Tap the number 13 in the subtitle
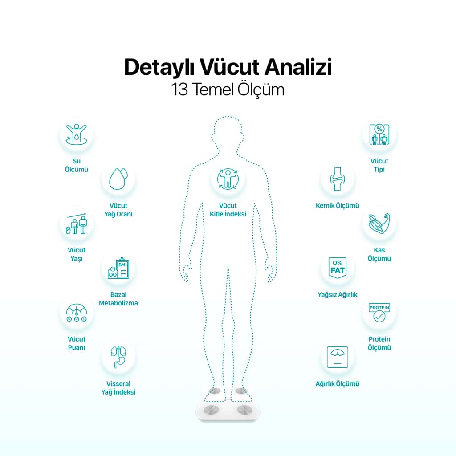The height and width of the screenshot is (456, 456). [179, 89]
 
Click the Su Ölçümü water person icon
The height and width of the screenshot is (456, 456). [77, 134]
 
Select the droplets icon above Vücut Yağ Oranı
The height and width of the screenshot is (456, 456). [118, 179]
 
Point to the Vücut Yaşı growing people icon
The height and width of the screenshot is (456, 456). [77, 224]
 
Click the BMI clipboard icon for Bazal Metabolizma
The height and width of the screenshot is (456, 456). [118, 268]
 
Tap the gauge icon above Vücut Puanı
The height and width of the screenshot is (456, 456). [77, 313]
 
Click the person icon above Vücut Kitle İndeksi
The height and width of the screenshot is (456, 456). [228, 179]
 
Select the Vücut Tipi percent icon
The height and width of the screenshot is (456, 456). [379, 134]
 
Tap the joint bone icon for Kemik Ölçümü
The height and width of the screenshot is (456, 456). [338, 179]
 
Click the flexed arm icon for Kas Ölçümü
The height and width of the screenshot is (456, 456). [379, 224]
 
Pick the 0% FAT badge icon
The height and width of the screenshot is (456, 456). [338, 268]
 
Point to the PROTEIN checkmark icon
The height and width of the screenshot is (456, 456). [379, 313]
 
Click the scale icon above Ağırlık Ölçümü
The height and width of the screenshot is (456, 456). [338, 357]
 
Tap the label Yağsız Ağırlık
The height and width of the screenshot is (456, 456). [338, 295]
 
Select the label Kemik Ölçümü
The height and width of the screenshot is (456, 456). [338, 205]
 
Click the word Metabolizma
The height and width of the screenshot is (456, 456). [118, 303]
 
